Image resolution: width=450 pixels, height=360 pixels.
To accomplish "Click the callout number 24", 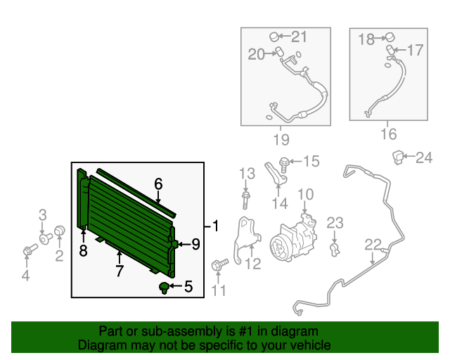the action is pos(424,157).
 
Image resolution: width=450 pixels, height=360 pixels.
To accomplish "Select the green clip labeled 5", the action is pos(164,288).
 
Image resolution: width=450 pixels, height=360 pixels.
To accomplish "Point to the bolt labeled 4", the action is pos(30,250).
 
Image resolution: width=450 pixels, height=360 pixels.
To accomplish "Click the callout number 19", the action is pos(281,140).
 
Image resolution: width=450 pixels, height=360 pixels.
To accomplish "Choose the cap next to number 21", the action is pos(274,37).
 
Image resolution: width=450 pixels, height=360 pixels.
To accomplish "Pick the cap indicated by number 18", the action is pos(390,37).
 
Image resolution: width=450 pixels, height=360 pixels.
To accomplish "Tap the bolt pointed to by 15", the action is pos(283,165).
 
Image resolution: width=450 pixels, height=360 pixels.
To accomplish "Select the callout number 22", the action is pos(373,245).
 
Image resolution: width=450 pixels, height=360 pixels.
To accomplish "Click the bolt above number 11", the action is pos(219,264).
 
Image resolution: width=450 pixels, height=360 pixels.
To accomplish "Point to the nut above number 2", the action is pos(60,230).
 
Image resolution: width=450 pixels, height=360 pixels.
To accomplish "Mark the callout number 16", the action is pos(389,134).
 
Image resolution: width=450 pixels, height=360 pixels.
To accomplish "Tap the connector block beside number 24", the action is pos(398,157).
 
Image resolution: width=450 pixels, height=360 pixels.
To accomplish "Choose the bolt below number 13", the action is pos(245,200).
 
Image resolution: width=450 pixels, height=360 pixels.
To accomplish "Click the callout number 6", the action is pos(158,184).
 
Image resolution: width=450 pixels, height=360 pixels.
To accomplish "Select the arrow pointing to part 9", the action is pos(184,244).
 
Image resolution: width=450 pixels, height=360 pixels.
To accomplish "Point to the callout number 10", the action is pos(306,194).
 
